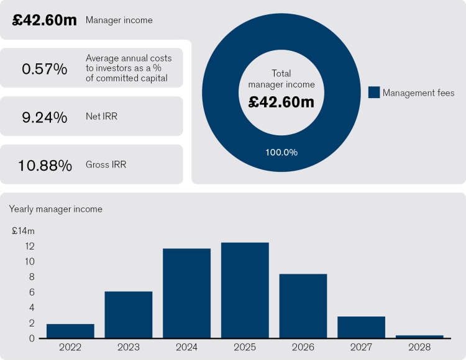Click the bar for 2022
coord(70,331)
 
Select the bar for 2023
coord(129,315)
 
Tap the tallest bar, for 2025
coord(245,290)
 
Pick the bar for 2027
coord(362,327)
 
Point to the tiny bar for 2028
coord(419,336)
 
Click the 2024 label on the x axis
coord(186,348)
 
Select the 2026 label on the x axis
coord(303,348)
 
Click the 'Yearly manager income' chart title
coord(56,209)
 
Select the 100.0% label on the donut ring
coord(281,151)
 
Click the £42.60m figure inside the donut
coord(281,102)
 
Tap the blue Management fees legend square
coord(373,92)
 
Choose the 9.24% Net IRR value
coord(44,116)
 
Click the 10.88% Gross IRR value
coord(44,165)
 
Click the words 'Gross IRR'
coord(106,165)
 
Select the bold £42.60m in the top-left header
coord(44,20)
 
